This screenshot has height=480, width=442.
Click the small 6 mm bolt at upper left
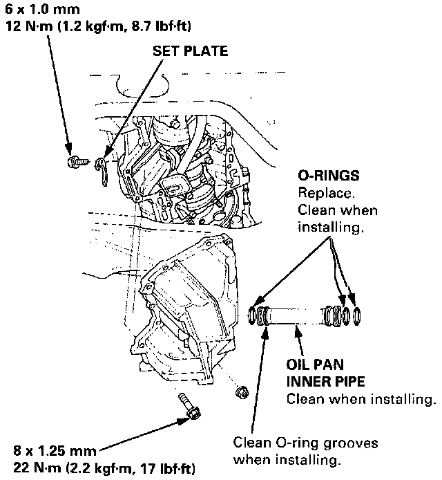click(74, 162)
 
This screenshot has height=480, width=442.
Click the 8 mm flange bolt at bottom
click(190, 407)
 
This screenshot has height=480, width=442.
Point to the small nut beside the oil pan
click(242, 393)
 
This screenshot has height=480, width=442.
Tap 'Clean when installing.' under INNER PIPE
click(361, 400)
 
